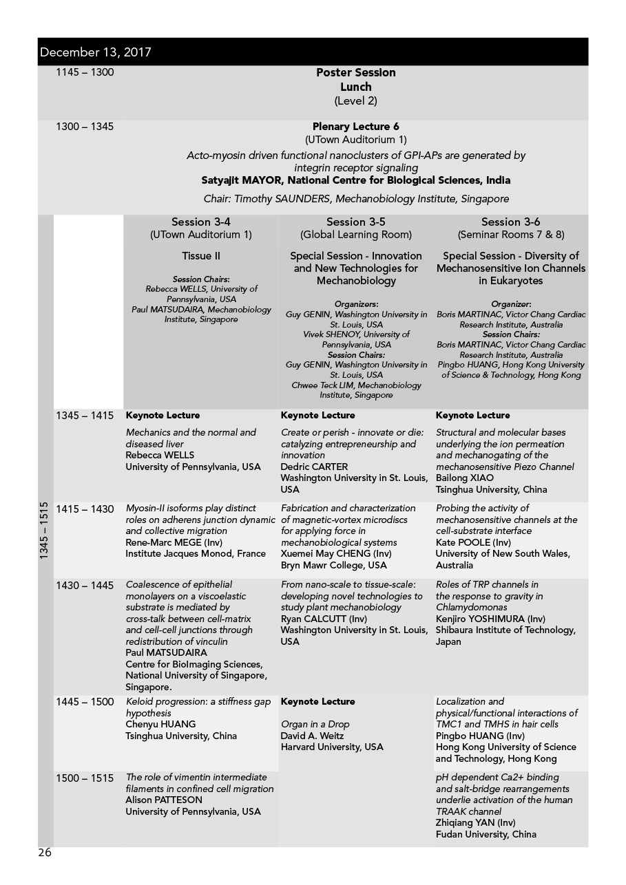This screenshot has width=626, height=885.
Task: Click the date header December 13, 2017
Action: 96,52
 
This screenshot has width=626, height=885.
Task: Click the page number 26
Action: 45,853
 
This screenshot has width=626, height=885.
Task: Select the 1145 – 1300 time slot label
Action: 85,72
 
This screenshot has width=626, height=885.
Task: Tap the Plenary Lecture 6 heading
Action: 355,127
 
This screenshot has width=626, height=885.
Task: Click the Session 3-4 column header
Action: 200,222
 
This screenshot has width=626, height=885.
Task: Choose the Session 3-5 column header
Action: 355,222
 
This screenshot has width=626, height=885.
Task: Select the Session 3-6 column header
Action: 510,222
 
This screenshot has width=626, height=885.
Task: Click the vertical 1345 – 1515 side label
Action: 45,530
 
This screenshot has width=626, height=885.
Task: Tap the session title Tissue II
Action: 200,256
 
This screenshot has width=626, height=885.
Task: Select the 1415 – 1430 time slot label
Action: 85,509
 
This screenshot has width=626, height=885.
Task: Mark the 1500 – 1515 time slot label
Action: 85,778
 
